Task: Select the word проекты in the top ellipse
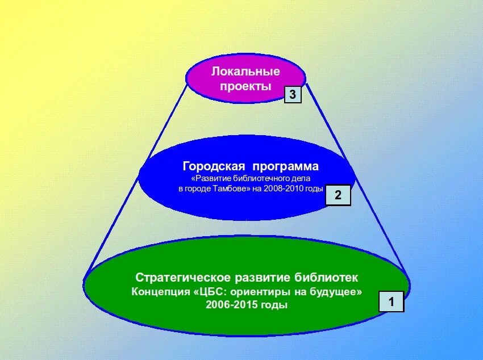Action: (245, 86)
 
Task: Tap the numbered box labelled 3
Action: (293, 95)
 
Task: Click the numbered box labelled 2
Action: (338, 195)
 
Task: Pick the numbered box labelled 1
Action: (391, 302)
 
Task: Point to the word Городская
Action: (214, 166)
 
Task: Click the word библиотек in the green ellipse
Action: (327, 278)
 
